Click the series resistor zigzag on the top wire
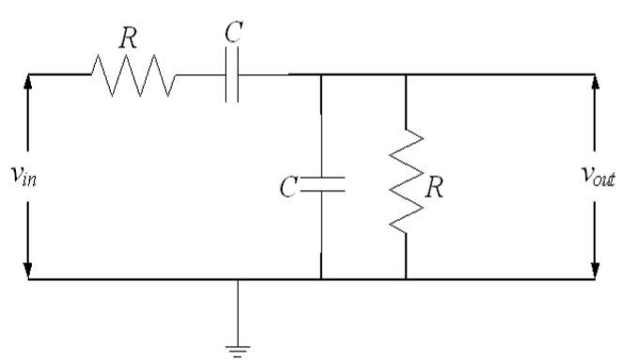132,74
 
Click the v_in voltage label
16,179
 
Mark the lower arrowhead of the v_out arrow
594,272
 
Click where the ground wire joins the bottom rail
237,279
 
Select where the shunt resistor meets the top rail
406,74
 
